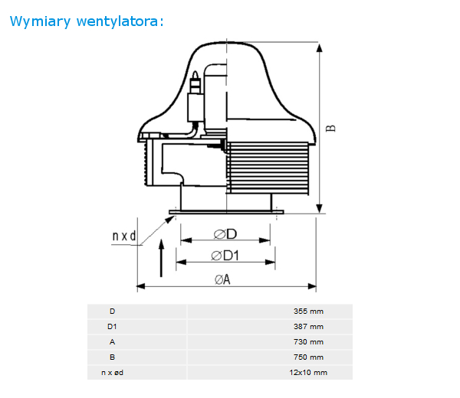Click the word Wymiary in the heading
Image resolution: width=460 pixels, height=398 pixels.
point(40,21)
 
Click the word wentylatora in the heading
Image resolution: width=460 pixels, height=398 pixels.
point(117,21)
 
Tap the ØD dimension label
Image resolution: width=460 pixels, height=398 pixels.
point(225,234)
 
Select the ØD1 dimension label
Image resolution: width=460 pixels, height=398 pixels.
point(225,256)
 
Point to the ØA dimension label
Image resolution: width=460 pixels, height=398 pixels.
point(222,279)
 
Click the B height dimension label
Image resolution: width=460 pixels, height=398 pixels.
point(331,129)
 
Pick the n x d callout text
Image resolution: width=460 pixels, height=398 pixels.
point(124,236)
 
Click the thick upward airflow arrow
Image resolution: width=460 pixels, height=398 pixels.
point(161,258)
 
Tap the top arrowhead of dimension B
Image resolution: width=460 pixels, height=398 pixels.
point(320,48)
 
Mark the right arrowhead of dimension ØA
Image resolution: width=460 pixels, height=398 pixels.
point(312,286)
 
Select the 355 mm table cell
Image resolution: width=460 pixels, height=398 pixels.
point(308,312)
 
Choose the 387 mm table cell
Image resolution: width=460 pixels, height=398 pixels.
point(308,327)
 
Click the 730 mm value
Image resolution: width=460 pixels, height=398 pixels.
point(308,342)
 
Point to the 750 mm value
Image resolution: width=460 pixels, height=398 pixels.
point(308,357)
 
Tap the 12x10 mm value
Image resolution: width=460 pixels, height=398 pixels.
point(308,373)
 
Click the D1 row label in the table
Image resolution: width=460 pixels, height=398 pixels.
point(112,327)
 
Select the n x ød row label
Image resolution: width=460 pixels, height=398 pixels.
point(112,373)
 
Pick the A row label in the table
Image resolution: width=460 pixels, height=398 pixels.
point(112,342)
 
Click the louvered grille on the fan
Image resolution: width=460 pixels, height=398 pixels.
point(268,168)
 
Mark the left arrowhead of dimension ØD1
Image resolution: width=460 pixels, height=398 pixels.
point(181,262)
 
